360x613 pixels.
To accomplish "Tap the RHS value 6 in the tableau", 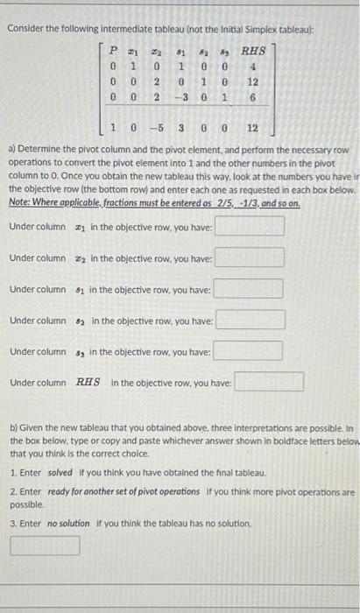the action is (x=251, y=101).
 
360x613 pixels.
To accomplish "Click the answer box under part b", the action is (x=45, y=546).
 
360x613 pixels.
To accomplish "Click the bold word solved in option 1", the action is (x=60, y=472).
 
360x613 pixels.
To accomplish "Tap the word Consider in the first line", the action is (x=26, y=29).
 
